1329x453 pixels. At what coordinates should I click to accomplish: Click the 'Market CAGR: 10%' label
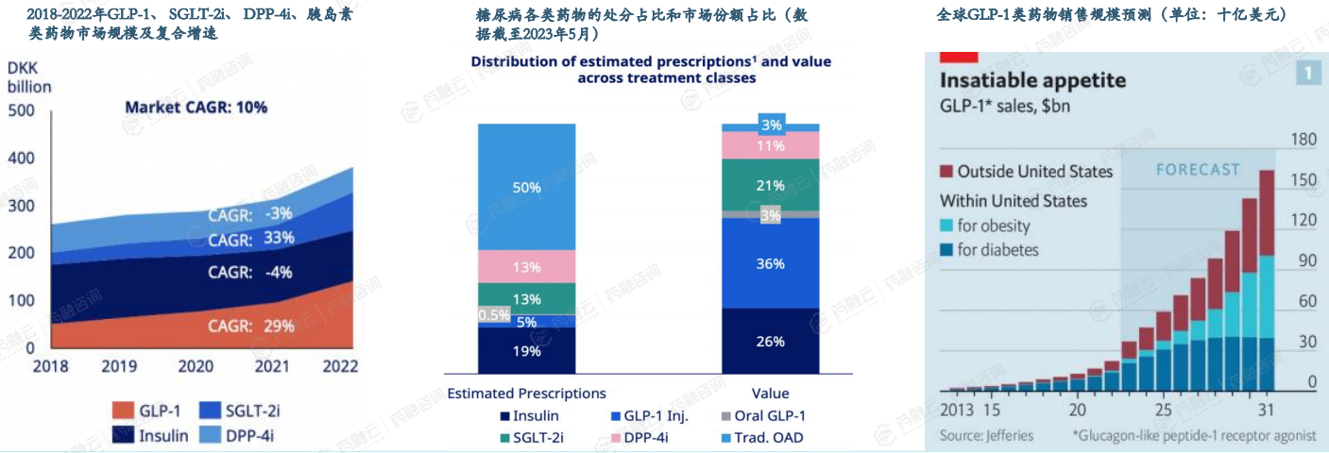click(196, 108)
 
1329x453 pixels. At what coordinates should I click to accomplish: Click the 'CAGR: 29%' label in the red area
click(252, 327)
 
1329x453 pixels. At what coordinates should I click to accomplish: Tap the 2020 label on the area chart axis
click(196, 365)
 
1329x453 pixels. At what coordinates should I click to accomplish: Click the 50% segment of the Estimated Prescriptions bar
click(526, 187)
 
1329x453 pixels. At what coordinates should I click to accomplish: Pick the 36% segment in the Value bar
click(770, 263)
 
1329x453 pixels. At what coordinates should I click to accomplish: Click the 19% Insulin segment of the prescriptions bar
click(526, 351)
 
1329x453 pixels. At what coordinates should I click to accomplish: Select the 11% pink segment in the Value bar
click(770, 145)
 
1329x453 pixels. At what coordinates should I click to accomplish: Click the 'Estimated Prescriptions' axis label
click(526, 393)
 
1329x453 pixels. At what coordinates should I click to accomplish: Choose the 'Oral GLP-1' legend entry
click(763, 415)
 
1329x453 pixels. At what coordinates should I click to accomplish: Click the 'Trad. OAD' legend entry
click(763, 437)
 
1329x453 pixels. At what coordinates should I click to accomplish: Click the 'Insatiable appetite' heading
click(1032, 80)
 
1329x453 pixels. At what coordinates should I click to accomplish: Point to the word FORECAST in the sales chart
click(1198, 170)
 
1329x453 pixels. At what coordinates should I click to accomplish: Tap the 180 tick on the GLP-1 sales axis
click(1304, 141)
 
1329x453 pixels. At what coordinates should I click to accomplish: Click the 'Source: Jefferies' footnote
click(986, 435)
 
